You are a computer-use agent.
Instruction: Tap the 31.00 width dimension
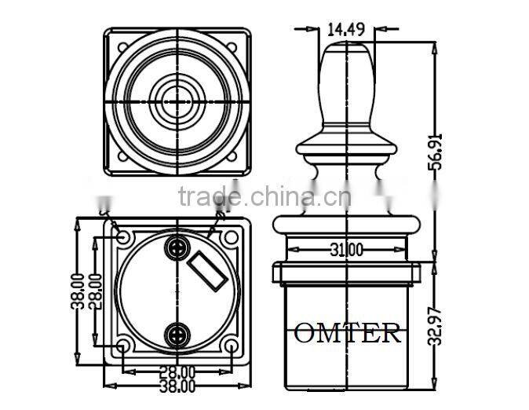pyautogui.click(x=345, y=251)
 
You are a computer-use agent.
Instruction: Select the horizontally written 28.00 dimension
pyautogui.click(x=177, y=372)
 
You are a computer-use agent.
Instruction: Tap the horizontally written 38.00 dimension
pyautogui.click(x=177, y=386)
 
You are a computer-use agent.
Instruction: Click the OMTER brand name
pyautogui.click(x=347, y=333)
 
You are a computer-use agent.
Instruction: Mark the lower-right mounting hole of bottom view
pyautogui.click(x=231, y=346)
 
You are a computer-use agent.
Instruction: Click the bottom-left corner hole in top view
pyautogui.click(x=123, y=156)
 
